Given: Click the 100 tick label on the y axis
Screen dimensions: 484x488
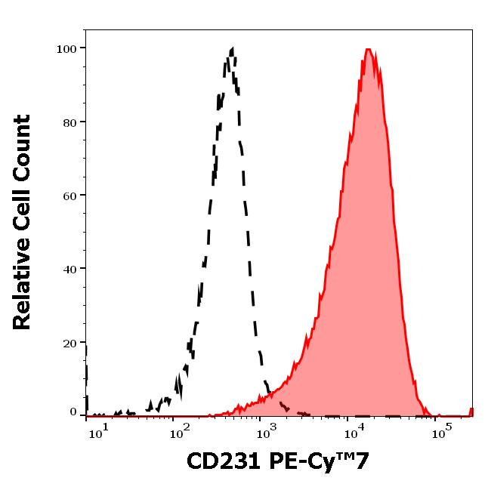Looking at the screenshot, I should tap(66, 49).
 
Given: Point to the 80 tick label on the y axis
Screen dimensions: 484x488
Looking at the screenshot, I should tap(69, 122).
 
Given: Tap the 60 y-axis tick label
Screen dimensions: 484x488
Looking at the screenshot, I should tap(69, 196).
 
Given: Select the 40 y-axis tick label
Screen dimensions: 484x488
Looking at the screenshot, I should tap(69, 269).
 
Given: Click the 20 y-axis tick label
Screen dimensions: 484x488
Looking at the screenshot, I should tap(69, 343).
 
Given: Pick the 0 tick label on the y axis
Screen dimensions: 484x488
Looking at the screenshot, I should tap(73, 412).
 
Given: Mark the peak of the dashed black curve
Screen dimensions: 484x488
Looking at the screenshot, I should tap(231, 50).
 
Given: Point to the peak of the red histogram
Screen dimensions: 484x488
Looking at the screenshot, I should tap(368, 50).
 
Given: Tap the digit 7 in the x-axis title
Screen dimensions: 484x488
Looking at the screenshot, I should tap(363, 461).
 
